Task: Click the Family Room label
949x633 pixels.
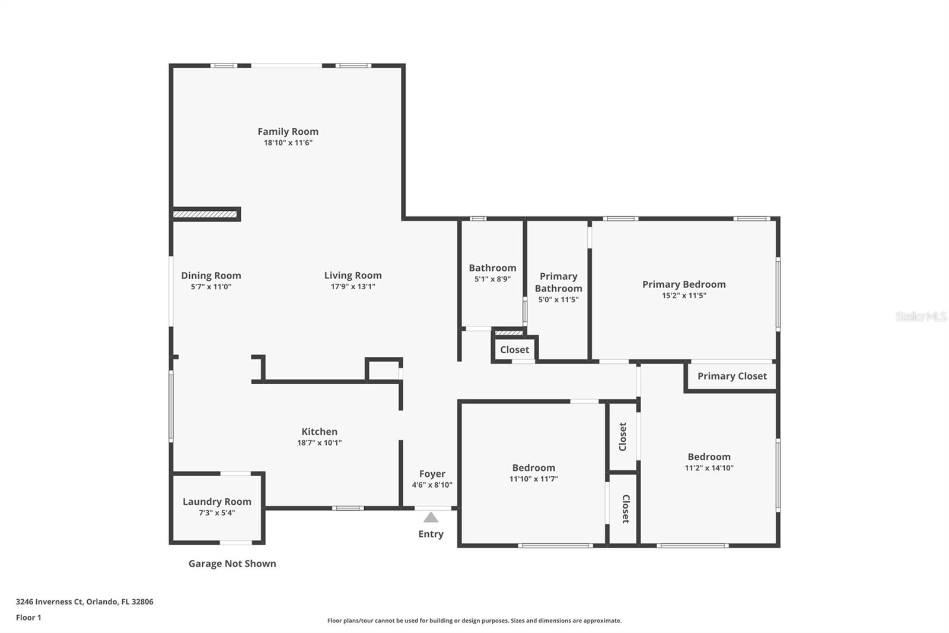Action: click(288, 131)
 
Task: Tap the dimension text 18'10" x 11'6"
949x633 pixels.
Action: click(288, 143)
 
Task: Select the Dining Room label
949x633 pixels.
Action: click(211, 275)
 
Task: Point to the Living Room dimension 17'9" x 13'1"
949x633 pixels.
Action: click(352, 286)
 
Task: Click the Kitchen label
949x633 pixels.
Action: click(319, 432)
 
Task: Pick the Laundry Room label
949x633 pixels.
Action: click(216, 501)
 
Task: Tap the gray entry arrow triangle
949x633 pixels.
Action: click(431, 517)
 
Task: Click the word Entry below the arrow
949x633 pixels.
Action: click(431, 534)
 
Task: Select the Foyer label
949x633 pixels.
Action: click(432, 473)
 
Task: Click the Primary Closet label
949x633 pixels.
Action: click(731, 376)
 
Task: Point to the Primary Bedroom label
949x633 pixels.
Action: click(683, 284)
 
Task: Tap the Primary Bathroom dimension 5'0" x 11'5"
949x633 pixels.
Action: click(558, 299)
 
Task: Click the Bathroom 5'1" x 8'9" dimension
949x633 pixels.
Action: click(492, 278)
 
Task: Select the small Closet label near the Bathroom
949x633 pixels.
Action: click(514, 349)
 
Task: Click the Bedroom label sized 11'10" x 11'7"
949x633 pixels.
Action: click(533, 467)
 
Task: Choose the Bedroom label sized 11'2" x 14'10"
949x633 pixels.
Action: click(709, 457)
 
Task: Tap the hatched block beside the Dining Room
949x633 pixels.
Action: click(205, 214)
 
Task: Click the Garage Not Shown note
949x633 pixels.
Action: click(232, 564)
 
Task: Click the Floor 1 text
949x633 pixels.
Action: click(28, 618)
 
